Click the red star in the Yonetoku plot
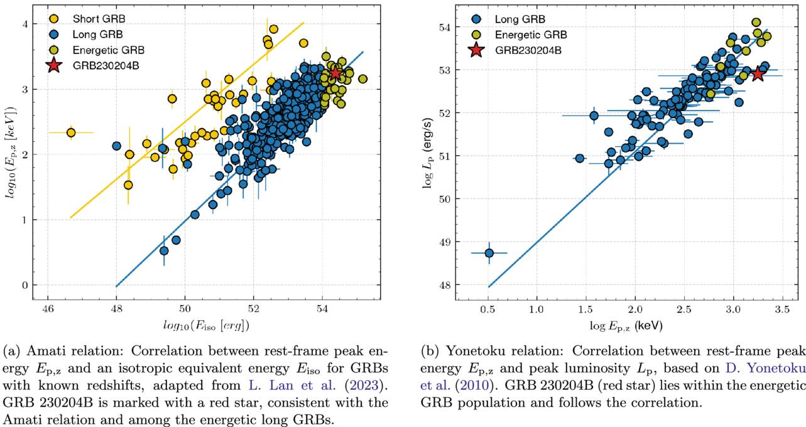[758, 73]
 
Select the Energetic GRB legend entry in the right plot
[530, 35]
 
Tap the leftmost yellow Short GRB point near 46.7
[71, 132]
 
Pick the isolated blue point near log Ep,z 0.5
[489, 253]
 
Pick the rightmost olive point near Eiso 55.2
[362, 79]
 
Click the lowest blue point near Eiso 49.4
[164, 251]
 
